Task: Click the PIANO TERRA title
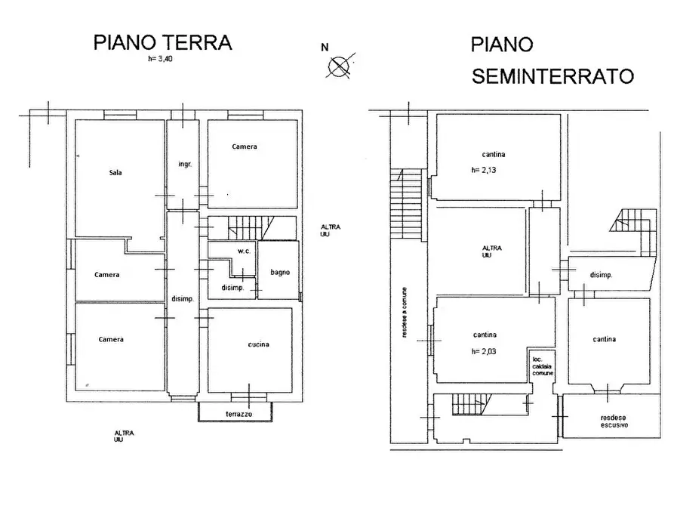point(162,42)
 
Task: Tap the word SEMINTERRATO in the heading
point(552,76)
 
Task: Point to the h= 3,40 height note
point(162,57)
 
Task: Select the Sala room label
point(115,172)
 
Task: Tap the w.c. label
point(243,251)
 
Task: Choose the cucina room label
point(258,344)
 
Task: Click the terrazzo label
point(239,415)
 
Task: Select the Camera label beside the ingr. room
point(244,147)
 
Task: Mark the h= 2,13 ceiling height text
point(484,170)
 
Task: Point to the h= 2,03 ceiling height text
point(484,350)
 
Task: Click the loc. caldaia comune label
point(542,366)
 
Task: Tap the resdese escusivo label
point(614,421)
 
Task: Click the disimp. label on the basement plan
point(601,275)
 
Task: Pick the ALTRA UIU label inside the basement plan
point(493,251)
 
